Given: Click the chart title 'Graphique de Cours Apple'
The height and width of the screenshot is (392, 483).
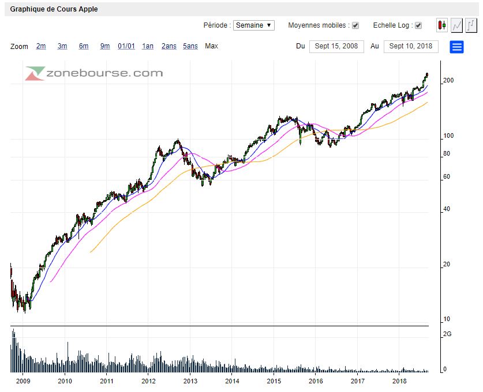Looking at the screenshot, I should point(54,9).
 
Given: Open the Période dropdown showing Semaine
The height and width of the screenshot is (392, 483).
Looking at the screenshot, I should point(254,25).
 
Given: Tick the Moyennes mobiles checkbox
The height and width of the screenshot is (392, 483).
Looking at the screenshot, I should point(355,25).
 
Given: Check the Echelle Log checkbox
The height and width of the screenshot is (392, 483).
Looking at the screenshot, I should point(418,25).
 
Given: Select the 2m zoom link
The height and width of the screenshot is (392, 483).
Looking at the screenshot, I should point(41,46).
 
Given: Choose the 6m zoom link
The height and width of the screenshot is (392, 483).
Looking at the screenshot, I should point(84,46).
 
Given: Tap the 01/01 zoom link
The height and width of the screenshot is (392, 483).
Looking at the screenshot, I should point(126,46).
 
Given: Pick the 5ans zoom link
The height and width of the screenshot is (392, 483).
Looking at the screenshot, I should point(190,46).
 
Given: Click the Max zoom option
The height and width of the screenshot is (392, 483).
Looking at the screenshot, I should point(211,46).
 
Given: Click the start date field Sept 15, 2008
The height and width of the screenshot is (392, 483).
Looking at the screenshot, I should point(336,46).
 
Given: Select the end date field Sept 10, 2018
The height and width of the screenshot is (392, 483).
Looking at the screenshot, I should point(410,46).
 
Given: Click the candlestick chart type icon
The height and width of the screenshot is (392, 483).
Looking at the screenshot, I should point(442,25).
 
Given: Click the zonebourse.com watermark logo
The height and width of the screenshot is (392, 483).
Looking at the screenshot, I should point(94,73).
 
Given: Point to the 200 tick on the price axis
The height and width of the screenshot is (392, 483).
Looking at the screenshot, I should point(448,81).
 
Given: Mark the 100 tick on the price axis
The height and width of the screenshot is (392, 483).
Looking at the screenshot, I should point(448,136).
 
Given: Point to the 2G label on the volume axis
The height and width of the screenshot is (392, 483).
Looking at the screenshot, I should point(447,334).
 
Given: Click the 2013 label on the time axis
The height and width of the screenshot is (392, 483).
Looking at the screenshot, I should point(190,381).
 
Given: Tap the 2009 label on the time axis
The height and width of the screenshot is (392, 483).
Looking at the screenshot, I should point(23,381).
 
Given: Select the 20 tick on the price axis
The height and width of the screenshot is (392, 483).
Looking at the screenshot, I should point(446,265).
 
